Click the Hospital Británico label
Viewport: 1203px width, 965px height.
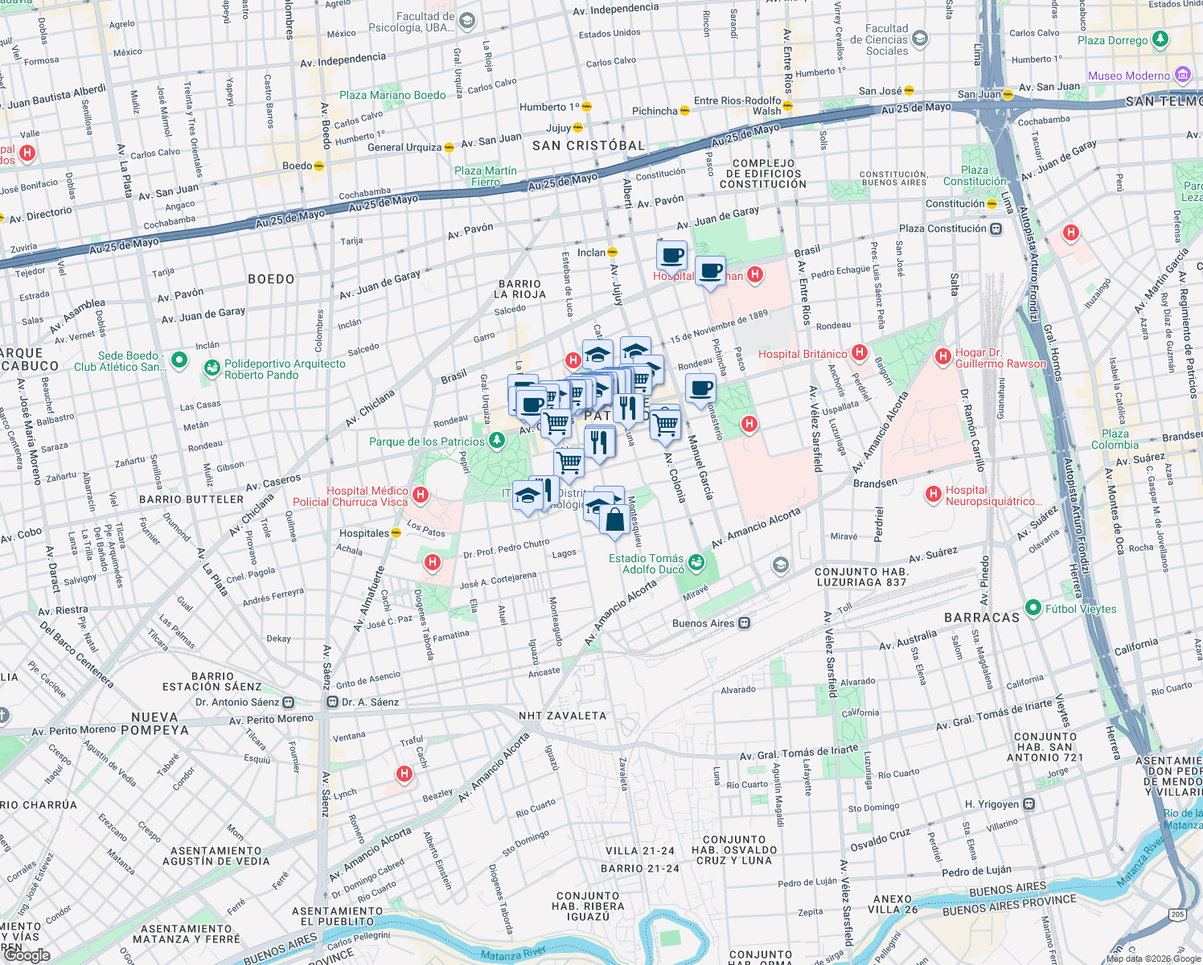802,354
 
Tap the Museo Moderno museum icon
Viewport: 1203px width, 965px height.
1182,76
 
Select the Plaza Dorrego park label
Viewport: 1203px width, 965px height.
1112,40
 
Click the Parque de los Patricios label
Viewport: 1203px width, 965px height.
426,441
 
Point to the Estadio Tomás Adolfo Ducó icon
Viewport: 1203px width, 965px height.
696,563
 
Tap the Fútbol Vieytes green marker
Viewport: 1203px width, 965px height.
1033,608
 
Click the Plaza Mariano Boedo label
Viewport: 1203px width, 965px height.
392,95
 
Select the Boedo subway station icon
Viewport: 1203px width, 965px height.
318,166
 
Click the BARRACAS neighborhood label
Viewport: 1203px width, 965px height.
981,618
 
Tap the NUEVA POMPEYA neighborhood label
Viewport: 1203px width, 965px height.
154,724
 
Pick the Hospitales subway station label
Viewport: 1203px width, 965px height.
363,533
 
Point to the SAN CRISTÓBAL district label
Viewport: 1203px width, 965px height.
589,146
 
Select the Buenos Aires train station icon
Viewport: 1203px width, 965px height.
745,623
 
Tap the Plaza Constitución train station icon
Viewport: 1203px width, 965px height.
996,228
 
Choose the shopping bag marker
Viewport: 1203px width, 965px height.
614,520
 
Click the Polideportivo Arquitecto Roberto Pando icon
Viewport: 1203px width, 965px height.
212,368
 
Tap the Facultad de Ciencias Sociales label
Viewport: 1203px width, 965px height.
886,39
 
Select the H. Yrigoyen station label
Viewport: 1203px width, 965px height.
992,804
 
